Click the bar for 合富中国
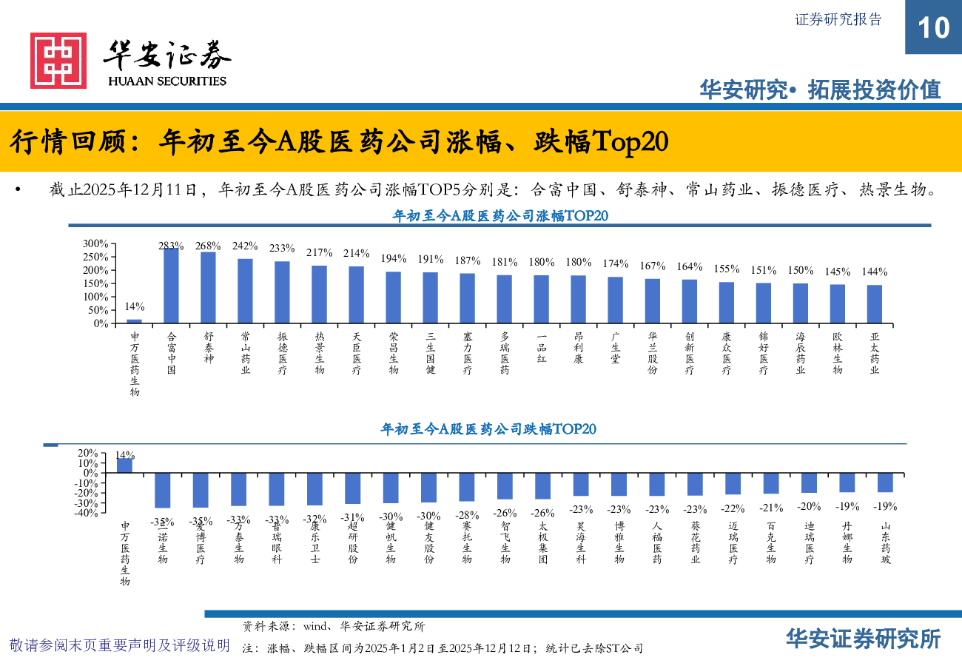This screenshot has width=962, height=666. [171, 286]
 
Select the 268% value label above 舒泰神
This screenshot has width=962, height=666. [208, 246]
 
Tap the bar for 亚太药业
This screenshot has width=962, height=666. [874, 304]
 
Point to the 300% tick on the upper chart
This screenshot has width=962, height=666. [95, 243]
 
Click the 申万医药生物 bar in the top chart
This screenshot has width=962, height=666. [134, 321]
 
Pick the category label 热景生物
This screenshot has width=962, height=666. [319, 353]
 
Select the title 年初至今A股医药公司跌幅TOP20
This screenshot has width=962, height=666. [488, 429]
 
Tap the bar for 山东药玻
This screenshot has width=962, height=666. [885, 482]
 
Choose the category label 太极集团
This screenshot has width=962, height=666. [542, 543]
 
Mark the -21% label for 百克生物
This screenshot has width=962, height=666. [771, 508]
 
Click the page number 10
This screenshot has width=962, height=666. [933, 27]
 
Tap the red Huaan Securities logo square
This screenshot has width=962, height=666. [58, 60]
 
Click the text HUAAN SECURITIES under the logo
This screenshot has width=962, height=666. [167, 81]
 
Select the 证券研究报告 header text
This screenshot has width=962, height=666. [838, 20]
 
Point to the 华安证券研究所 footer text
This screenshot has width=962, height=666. [863, 639]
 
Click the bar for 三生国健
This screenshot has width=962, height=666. [430, 297]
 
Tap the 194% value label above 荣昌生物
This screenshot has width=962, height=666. [394, 258]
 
